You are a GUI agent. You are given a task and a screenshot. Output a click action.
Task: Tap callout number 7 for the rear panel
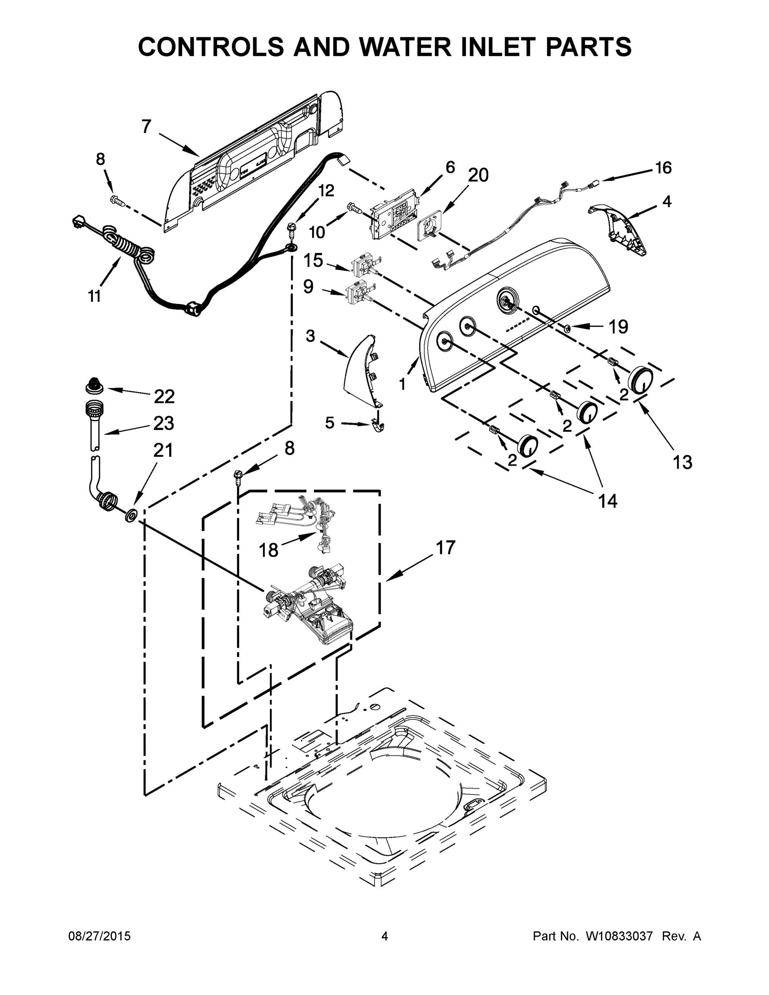pyautogui.click(x=146, y=126)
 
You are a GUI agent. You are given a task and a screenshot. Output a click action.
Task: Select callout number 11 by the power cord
pyautogui.click(x=94, y=296)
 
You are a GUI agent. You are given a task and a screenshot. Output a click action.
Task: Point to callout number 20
pyautogui.click(x=478, y=175)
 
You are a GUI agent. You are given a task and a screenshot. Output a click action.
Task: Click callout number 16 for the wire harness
pyautogui.click(x=663, y=168)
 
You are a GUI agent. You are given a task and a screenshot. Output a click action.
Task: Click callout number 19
pyautogui.click(x=618, y=326)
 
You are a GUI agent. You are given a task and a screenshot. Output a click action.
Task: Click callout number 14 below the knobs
pyautogui.click(x=607, y=501)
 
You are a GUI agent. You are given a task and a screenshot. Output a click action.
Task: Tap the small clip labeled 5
pyautogui.click(x=378, y=425)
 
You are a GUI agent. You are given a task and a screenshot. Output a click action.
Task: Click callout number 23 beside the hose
pyautogui.click(x=164, y=423)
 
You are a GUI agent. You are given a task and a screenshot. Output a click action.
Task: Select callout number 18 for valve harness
pyautogui.click(x=268, y=550)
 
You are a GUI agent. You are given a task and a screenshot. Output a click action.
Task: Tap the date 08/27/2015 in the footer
pyautogui.click(x=99, y=936)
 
